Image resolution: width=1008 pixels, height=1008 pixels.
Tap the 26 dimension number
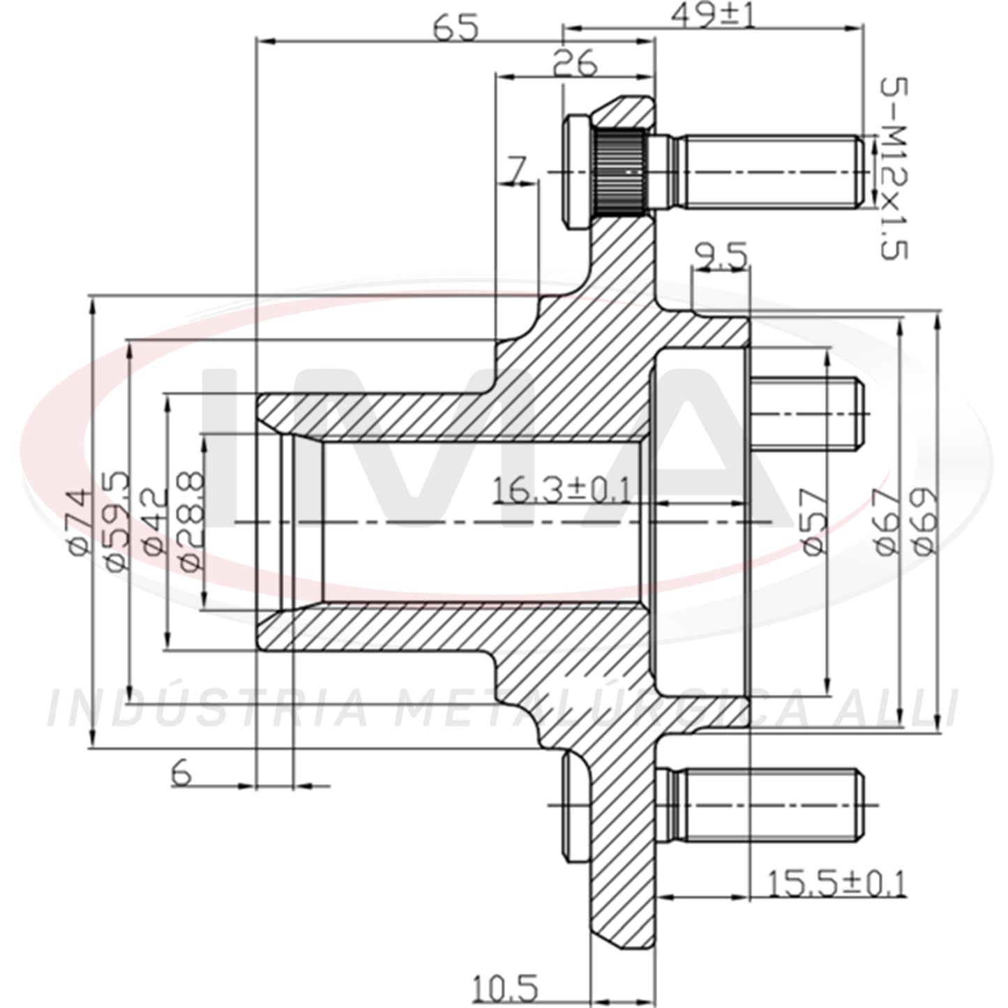click(x=574, y=63)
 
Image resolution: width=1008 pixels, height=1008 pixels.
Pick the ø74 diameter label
click(x=77, y=522)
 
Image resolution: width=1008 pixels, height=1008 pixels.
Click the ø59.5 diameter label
click(x=116, y=521)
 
